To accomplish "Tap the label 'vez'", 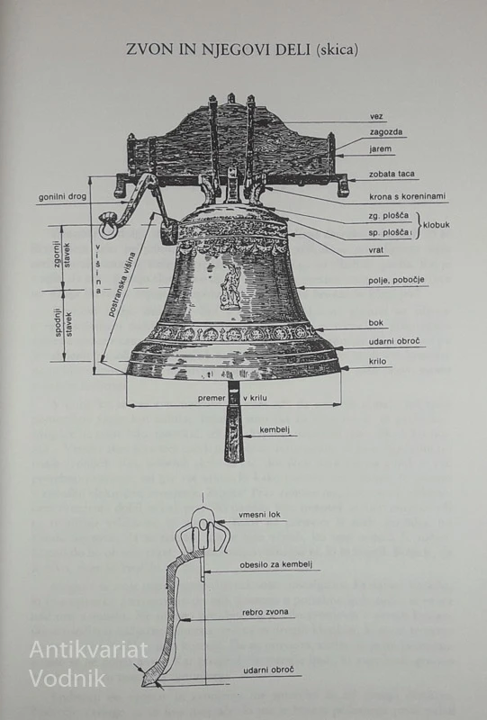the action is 376,117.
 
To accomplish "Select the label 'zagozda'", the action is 386,132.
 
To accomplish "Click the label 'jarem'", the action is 381,148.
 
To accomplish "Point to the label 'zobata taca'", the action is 392,174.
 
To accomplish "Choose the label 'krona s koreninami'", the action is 408,196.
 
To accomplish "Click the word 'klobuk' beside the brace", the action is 436,225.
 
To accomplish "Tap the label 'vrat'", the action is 375,250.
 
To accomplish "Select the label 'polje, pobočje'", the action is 396,280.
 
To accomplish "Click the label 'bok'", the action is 375,323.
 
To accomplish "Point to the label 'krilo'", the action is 377,362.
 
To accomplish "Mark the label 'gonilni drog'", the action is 62,197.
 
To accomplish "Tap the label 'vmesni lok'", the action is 259,515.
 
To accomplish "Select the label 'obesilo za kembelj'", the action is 275,565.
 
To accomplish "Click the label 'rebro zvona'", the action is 266,612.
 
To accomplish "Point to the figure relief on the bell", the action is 229,286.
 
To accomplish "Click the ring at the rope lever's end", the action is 108,226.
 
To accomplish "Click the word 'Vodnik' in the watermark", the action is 68,679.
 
